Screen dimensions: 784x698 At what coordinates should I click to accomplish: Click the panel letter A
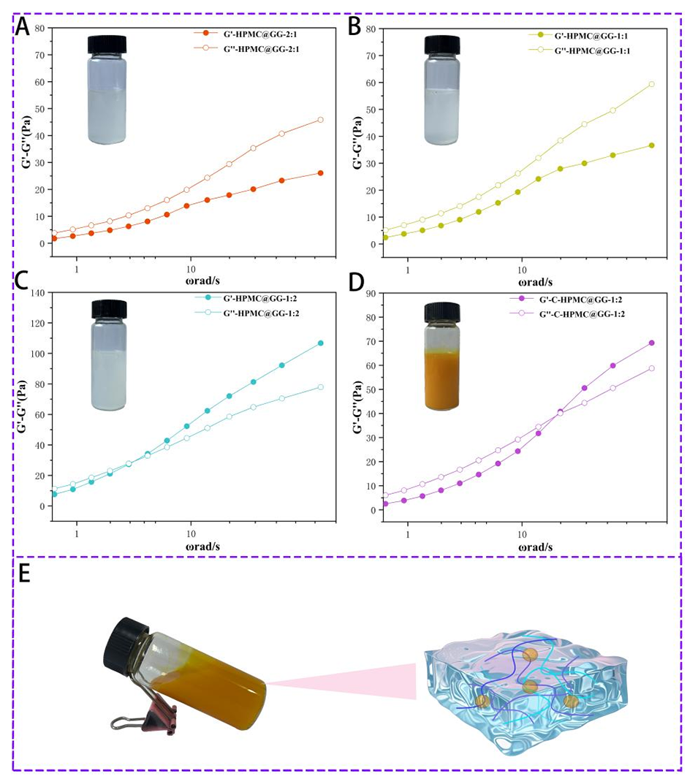(x=23, y=27)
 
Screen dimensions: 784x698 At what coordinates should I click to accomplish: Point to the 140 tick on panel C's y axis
(x=37, y=292)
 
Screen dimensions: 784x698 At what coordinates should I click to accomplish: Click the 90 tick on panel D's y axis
(x=371, y=293)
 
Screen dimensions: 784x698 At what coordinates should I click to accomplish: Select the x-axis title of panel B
(x=529, y=280)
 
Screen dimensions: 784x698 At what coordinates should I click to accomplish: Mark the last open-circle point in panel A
(x=320, y=120)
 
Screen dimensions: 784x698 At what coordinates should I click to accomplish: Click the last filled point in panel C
(x=320, y=343)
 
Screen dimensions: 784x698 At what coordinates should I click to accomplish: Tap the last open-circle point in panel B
(x=651, y=84)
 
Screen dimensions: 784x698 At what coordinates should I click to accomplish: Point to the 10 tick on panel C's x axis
(x=191, y=532)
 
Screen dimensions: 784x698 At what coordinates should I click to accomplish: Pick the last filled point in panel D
(x=651, y=343)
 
